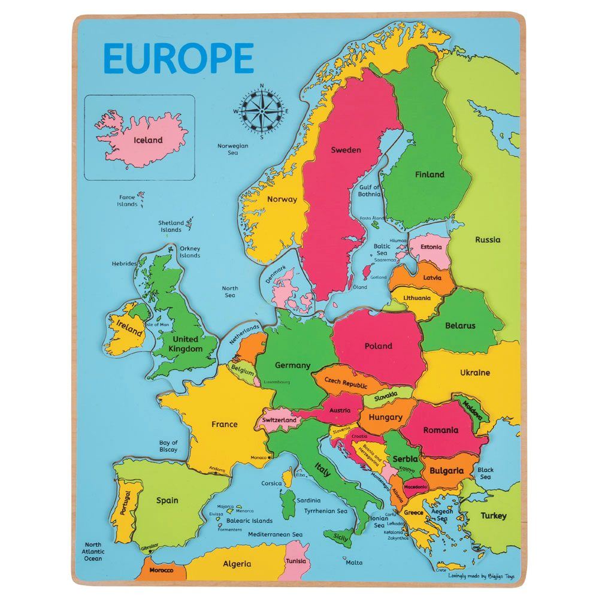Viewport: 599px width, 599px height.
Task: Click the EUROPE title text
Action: point(179,58)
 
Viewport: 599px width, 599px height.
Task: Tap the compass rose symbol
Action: point(261,110)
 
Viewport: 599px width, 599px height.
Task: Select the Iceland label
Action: point(148,140)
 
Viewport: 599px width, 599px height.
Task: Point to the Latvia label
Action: point(432,278)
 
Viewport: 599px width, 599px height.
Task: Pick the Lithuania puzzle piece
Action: point(417,298)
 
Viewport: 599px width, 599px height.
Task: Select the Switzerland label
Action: point(279,420)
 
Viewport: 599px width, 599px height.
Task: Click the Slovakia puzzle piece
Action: point(386,396)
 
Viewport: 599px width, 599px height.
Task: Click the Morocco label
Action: point(161,570)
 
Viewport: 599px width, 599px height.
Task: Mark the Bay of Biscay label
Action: point(168,446)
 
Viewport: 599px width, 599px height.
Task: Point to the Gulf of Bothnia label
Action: point(369,190)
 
